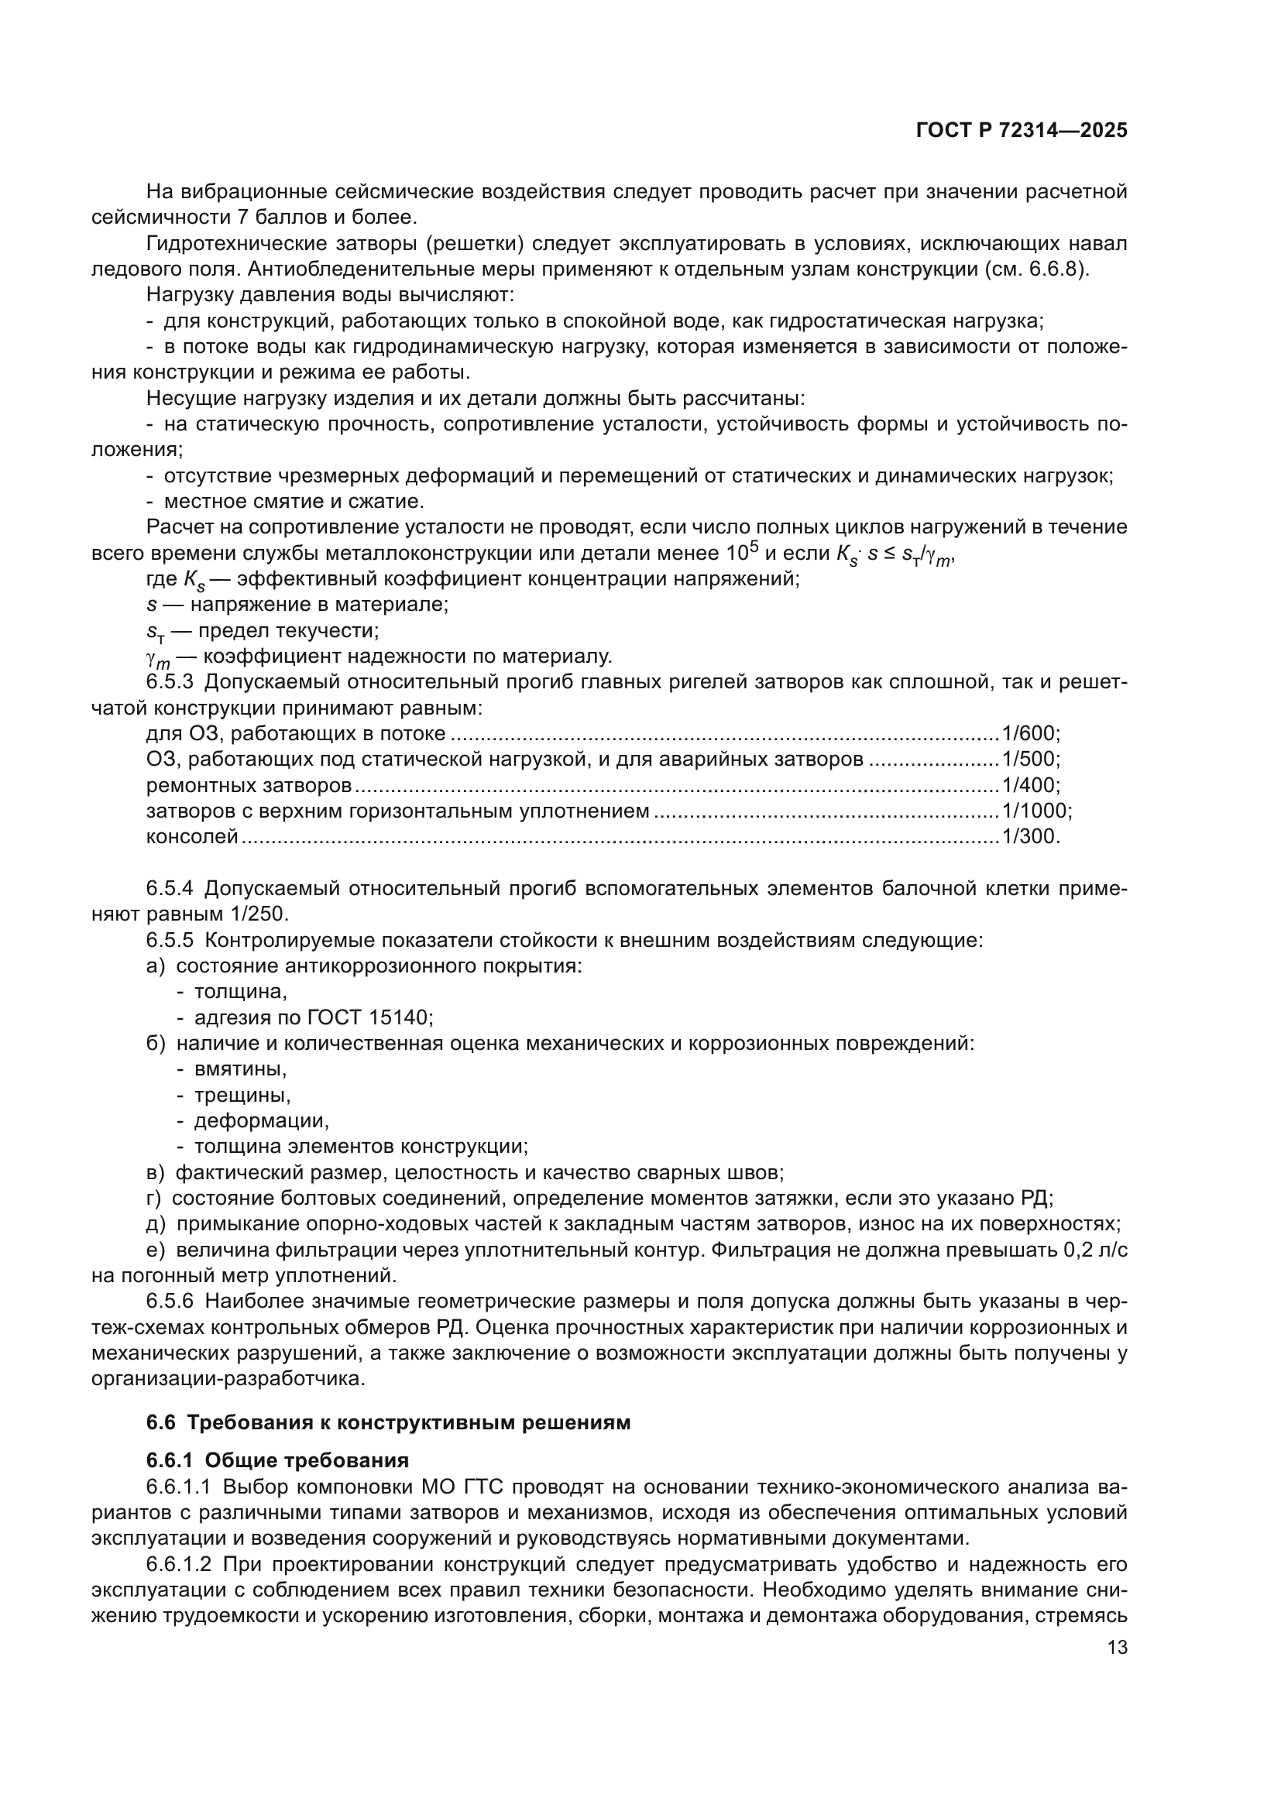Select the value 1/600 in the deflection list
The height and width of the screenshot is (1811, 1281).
click(1028, 733)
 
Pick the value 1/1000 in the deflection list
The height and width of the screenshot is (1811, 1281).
click(1033, 811)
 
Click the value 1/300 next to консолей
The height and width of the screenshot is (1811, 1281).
click(1028, 836)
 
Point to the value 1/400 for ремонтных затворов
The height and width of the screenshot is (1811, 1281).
click(1028, 785)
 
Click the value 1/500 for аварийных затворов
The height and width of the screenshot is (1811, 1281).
click(1028, 760)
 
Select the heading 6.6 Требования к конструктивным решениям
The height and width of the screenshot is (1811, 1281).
click(389, 1422)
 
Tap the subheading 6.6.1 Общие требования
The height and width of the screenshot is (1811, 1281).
click(278, 1461)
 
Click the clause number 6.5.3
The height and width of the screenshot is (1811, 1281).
click(170, 682)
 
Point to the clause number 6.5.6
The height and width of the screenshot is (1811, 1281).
click(170, 1302)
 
